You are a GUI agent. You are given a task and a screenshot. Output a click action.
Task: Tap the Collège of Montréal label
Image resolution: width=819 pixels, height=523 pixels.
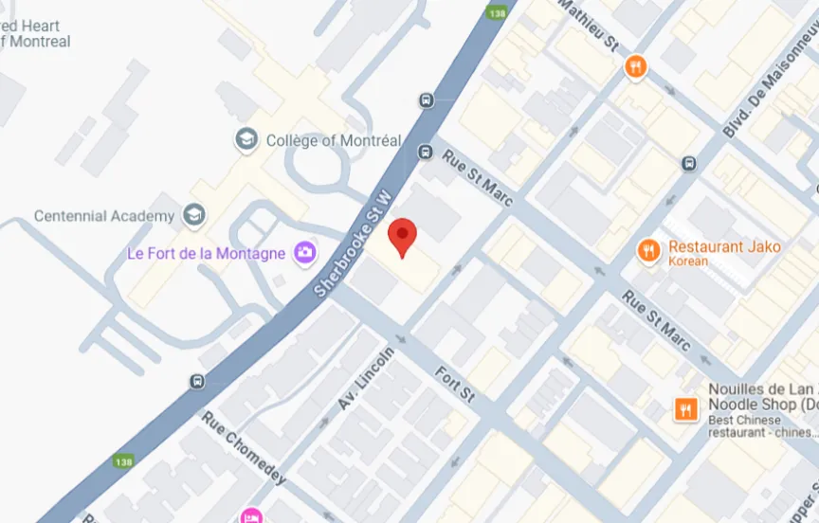tap(334, 140)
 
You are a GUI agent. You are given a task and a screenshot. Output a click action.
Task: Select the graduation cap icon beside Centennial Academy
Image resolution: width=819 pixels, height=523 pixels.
tap(195, 215)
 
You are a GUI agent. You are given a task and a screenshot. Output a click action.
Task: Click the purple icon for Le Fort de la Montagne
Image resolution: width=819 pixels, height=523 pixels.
tap(305, 252)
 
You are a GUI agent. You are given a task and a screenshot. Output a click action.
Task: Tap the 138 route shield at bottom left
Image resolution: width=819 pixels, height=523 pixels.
tap(122, 461)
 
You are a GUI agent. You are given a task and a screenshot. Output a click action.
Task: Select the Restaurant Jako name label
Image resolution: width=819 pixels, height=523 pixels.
tap(725, 246)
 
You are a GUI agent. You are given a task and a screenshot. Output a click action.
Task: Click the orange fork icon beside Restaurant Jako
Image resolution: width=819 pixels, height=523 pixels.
tap(648, 249)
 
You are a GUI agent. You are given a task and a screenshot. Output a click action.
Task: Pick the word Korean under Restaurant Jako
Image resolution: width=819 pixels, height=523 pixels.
tap(688, 261)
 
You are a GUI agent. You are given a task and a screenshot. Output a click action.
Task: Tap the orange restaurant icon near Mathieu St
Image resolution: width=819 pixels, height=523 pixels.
tap(635, 66)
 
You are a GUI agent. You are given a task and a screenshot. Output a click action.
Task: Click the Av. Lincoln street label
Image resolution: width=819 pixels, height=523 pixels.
tap(366, 378)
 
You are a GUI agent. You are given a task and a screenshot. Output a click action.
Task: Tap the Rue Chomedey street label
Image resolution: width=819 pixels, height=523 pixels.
tap(243, 447)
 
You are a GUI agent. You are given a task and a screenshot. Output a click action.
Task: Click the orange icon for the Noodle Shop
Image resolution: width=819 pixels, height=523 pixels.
tap(685, 408)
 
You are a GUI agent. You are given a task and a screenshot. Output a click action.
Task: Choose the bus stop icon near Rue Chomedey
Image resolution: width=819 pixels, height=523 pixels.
tap(197, 381)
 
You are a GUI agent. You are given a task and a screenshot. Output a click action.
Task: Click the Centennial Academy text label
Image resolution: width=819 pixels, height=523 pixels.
tap(104, 216)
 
